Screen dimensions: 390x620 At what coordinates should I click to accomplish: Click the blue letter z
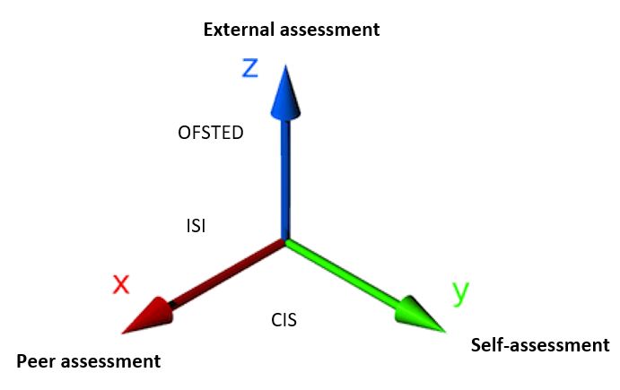tap(250, 68)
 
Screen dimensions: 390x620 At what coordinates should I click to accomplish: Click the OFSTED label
tap(212, 133)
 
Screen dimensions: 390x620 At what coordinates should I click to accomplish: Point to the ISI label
tap(195, 227)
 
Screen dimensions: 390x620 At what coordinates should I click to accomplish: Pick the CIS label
tap(284, 319)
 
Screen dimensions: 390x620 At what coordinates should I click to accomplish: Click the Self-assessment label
tap(540, 345)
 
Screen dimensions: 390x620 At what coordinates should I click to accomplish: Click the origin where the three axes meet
tap(285, 240)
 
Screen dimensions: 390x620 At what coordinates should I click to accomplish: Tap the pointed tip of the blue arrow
tap(284, 65)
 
